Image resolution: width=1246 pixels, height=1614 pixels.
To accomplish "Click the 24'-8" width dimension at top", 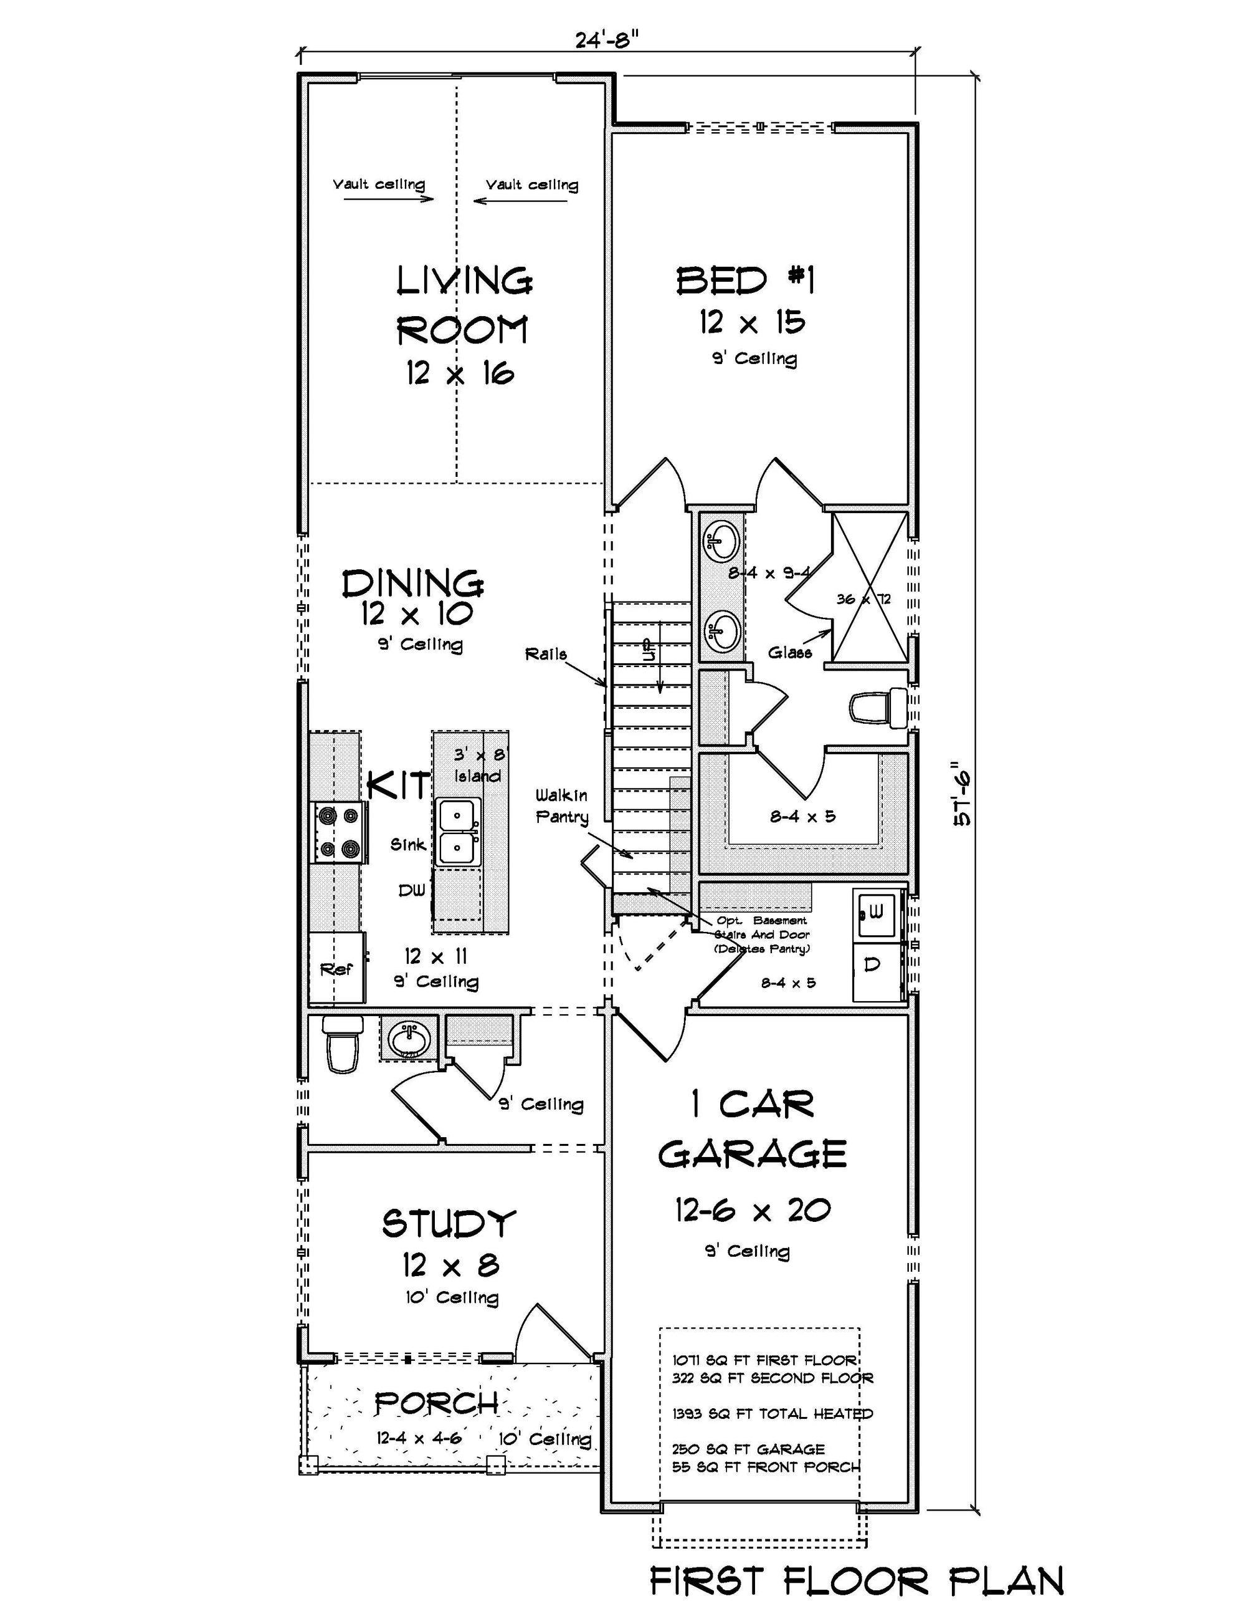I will click(x=606, y=40).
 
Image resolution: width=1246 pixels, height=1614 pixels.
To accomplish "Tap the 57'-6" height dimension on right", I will click(x=963, y=793).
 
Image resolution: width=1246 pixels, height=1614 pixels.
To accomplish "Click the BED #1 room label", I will click(x=746, y=281).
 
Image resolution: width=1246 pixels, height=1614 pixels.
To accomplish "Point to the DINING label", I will click(x=412, y=584).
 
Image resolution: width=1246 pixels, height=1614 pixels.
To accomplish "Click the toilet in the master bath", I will click(x=878, y=706).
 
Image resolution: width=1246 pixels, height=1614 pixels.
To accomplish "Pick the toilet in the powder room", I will click(x=343, y=1043).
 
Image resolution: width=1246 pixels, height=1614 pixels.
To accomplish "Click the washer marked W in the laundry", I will click(x=876, y=913).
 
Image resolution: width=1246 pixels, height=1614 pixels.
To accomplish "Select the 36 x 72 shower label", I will click(x=863, y=599).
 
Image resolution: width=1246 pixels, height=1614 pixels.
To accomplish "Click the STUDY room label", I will click(x=449, y=1223).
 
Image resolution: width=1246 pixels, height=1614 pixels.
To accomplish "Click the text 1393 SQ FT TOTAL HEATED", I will click(x=772, y=1413).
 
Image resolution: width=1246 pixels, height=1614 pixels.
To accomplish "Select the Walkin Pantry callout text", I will click(x=562, y=806).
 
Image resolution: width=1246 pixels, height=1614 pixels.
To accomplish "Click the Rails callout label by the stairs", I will click(x=546, y=654).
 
